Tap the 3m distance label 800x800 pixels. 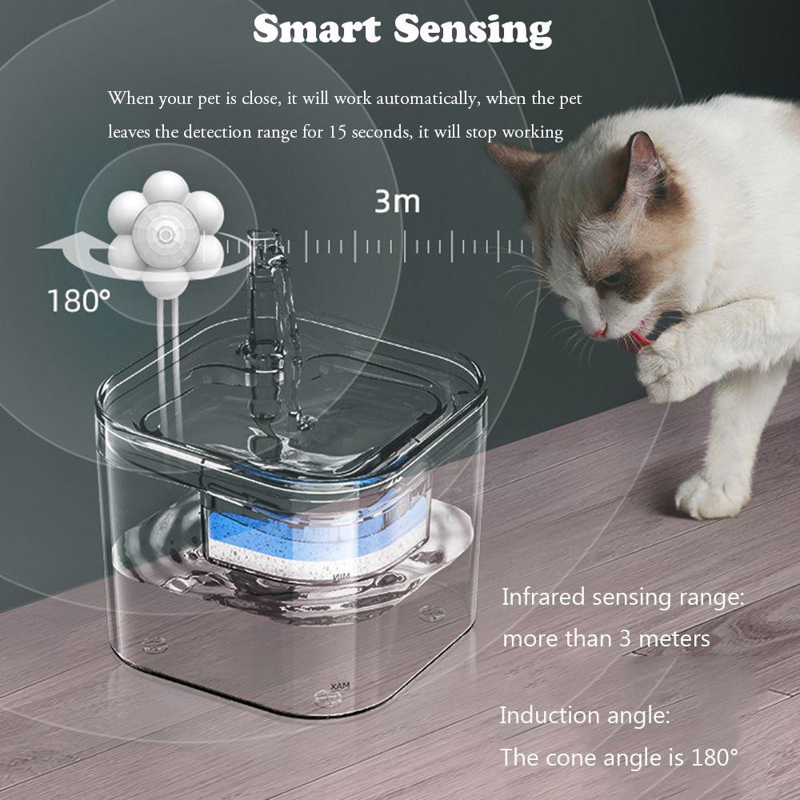click(x=397, y=202)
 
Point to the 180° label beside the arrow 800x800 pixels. click(x=78, y=302)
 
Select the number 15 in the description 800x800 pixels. click(x=337, y=132)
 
